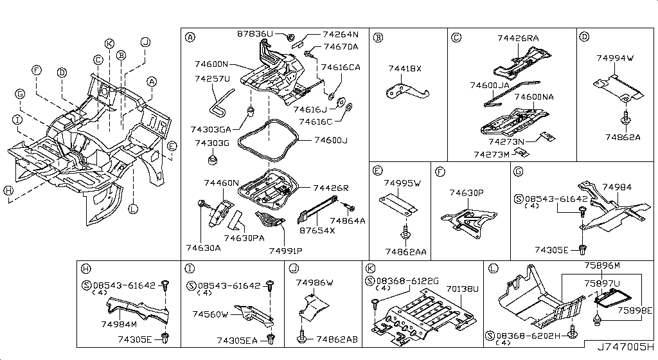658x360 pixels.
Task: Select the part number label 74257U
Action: tap(212, 78)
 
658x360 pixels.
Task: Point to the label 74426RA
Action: tap(518, 39)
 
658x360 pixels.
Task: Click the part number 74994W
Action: tap(614, 58)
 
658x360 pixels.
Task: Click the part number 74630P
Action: tap(467, 192)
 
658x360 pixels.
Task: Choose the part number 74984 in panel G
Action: tap(617, 187)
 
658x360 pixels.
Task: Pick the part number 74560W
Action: tap(211, 314)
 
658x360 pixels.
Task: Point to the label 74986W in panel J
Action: tap(315, 282)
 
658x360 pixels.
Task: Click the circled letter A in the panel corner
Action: tap(190, 37)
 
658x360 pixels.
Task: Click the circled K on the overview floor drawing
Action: tap(109, 43)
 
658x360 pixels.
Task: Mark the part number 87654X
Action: tap(318, 229)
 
